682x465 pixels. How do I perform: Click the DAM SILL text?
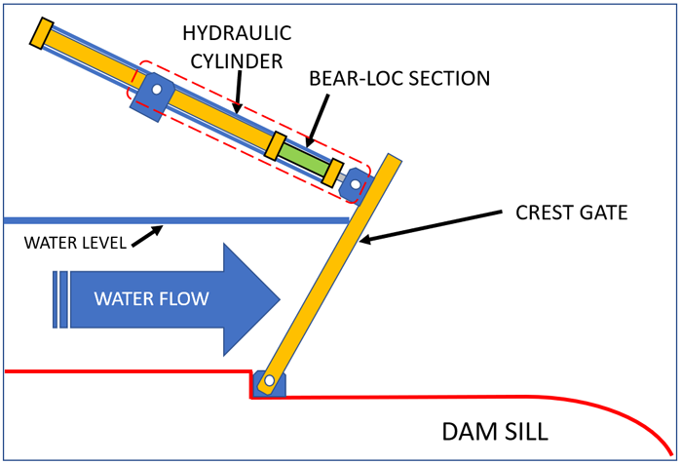click(x=496, y=431)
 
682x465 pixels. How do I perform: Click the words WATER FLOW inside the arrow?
click(x=151, y=298)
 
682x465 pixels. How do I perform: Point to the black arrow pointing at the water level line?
click(x=149, y=235)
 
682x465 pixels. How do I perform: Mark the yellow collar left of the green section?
click(x=277, y=145)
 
